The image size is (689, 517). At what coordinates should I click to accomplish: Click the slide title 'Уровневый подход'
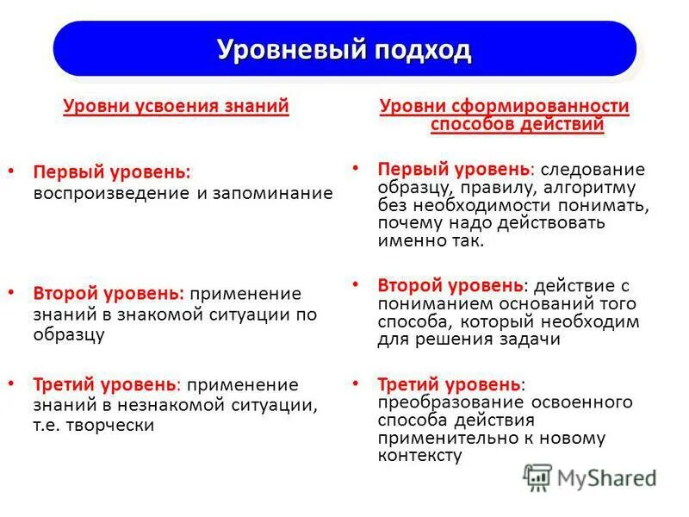344,49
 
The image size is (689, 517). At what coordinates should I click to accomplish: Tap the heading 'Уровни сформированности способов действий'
505,115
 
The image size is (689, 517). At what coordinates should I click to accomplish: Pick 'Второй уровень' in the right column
450,284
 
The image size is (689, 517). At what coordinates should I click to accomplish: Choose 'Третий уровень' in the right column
449,383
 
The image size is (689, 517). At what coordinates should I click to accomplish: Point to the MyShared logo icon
537,477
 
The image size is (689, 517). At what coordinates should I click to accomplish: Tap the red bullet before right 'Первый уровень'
356,166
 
